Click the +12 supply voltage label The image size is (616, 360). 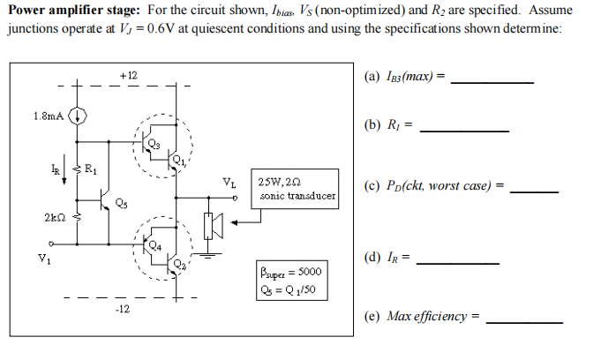pos(129,76)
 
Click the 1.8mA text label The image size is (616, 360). pos(48,116)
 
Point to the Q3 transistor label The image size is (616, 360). pos(154,143)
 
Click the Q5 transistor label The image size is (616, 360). pos(120,204)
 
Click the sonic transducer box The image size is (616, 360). pos(295,189)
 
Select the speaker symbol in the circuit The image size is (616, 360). pos(211,227)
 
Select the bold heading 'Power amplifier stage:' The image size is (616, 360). pos(73,11)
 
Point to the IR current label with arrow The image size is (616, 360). pos(54,168)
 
